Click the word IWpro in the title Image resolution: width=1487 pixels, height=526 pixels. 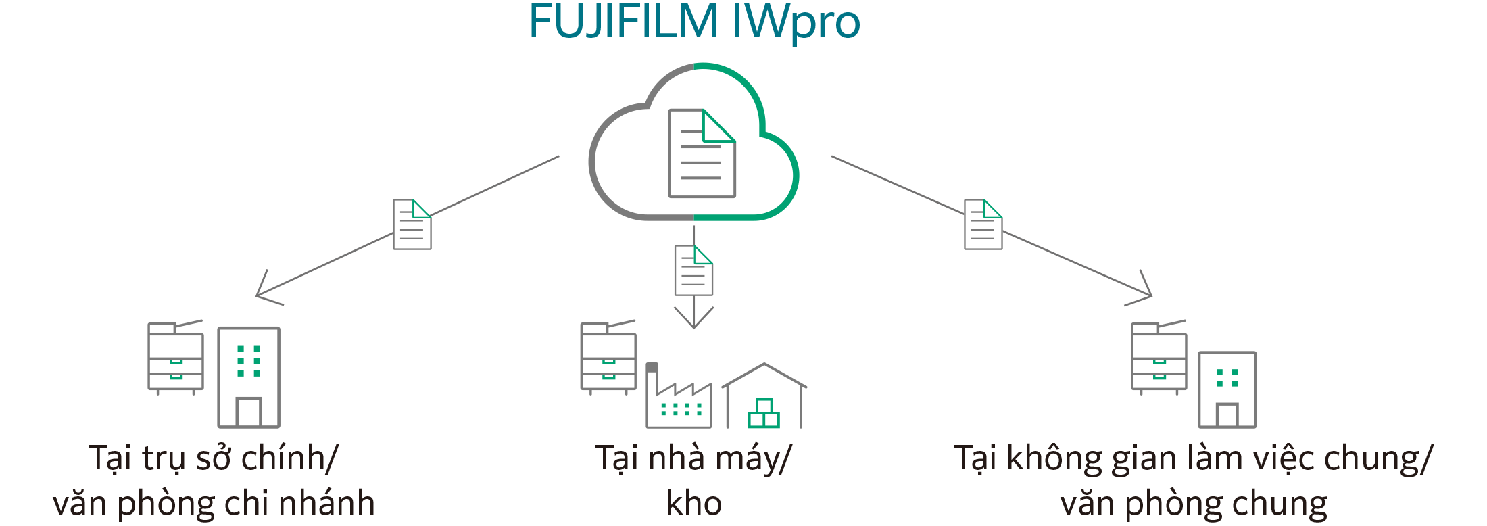tap(796, 23)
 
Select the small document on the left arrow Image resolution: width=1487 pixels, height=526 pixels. tap(412, 224)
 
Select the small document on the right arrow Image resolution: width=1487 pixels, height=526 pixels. tap(983, 224)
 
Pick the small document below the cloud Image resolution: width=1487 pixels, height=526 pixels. tap(693, 270)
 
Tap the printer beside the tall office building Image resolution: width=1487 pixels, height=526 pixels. tap(176, 357)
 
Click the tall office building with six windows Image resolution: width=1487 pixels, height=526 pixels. tap(249, 377)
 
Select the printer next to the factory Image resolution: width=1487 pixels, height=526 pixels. tap(608, 357)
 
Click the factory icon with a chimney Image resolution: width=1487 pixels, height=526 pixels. tap(679, 399)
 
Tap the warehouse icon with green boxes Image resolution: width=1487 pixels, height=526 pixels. tap(764, 399)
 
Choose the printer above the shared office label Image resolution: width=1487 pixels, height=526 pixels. tap(1159, 357)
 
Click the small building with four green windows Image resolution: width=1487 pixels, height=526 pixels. tap(1227, 389)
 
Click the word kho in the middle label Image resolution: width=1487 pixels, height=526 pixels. tap(693, 503)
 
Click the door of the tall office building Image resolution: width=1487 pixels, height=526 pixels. tap(249, 412)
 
